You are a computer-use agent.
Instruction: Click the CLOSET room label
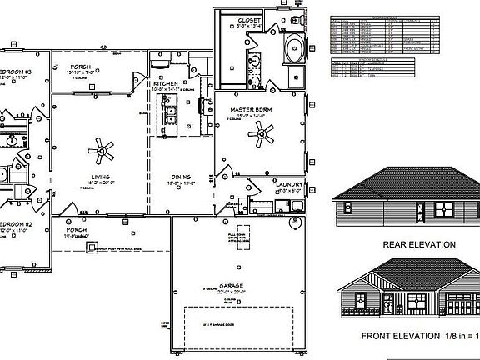point(250,19)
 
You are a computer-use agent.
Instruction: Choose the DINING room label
point(181,177)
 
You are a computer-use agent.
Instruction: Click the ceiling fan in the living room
point(103,150)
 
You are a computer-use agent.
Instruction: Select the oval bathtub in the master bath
point(295,50)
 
